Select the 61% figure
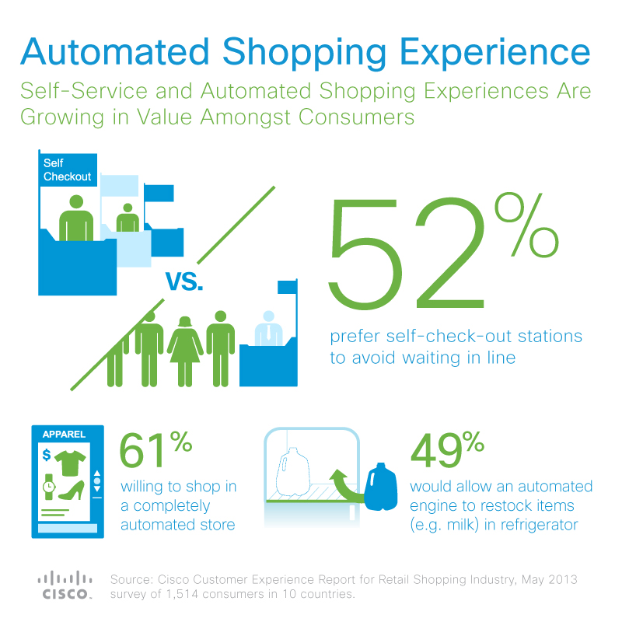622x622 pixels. click(155, 449)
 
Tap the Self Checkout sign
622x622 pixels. click(67, 170)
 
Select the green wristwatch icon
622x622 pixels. click(47, 486)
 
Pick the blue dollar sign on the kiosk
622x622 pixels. click(47, 454)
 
